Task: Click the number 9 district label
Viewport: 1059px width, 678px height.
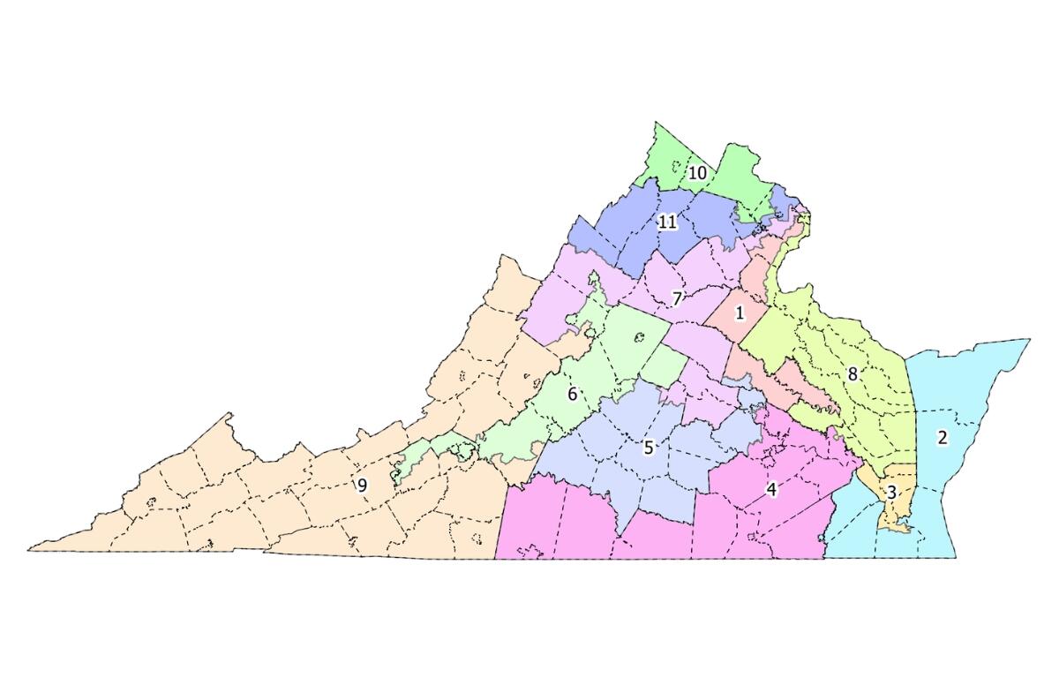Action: [362, 485]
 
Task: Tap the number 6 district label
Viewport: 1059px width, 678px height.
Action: [572, 394]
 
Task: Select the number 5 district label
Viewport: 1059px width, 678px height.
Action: [649, 448]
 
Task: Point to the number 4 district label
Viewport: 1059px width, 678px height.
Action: [771, 489]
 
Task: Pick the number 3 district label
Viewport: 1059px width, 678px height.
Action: [891, 493]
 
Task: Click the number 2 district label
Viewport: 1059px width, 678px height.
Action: [943, 437]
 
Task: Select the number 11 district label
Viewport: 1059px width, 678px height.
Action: [667, 222]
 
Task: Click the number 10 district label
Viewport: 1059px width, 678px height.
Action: [697, 173]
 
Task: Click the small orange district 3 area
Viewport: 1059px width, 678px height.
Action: [898, 512]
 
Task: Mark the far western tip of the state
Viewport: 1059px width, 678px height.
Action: [30, 548]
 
